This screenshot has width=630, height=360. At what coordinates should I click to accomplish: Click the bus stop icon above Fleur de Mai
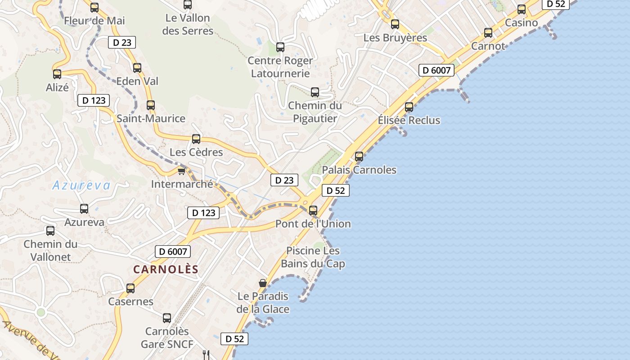pos(94,7)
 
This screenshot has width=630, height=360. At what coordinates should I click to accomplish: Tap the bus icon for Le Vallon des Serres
pos(188,5)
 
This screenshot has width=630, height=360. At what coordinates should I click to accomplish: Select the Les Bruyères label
pos(395,38)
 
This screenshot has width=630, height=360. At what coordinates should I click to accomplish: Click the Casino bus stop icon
pos(522,9)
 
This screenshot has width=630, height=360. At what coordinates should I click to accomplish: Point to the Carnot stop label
pos(488,46)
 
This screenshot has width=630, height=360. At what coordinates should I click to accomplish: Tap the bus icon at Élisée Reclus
pos(409,107)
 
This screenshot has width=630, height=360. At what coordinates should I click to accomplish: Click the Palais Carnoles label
pos(359,170)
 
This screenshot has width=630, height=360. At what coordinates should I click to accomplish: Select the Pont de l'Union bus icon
pos(313,210)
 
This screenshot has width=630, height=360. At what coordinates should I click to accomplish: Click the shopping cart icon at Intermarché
pos(182,171)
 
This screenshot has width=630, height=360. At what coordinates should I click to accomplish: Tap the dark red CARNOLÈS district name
pos(166,269)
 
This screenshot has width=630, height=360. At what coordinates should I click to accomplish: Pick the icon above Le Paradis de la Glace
pos(263,283)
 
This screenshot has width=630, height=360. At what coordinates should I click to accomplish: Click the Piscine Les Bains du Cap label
pos(313,257)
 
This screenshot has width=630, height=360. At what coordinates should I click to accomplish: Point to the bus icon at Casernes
pos(130,288)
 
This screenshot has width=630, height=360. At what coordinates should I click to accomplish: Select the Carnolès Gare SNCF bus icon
pos(167,318)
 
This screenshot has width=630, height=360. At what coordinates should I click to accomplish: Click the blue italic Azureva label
pos(81,185)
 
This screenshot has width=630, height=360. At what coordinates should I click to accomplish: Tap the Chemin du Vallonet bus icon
pos(50,231)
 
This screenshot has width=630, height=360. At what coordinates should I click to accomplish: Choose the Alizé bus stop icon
pos(57,74)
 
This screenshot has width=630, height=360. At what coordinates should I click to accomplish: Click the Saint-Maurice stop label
pos(151,118)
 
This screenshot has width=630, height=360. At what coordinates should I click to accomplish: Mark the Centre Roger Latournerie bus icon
pos(280,47)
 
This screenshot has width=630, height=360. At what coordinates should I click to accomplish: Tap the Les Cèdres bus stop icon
pos(196,139)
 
